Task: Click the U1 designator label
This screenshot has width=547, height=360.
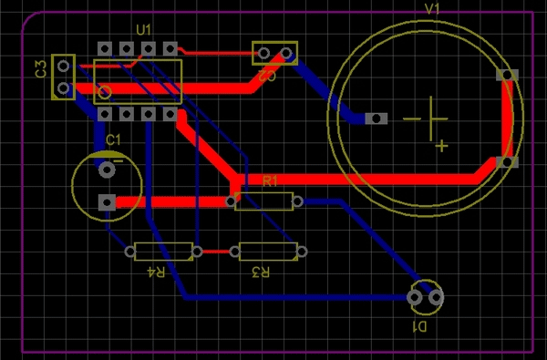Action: pyautogui.click(x=143, y=30)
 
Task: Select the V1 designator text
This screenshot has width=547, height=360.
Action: pyautogui.click(x=432, y=8)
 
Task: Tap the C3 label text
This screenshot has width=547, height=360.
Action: pyautogui.click(x=41, y=69)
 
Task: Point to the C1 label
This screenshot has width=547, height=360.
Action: pyautogui.click(x=113, y=139)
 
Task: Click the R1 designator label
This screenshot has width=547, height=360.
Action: pyautogui.click(x=270, y=181)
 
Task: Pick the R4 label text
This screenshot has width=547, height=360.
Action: pyautogui.click(x=158, y=272)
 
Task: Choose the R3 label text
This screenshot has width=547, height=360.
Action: pyautogui.click(x=261, y=272)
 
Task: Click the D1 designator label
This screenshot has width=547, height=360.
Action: pyautogui.click(x=421, y=324)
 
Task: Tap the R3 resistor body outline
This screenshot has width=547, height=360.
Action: pyautogui.click(x=266, y=251)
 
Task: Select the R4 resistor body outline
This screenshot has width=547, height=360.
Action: pyautogui.click(x=163, y=251)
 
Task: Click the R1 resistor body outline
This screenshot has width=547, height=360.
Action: pyautogui.click(x=264, y=201)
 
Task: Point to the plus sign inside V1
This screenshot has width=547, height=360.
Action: pyautogui.click(x=441, y=144)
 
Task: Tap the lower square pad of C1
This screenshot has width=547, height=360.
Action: pyautogui.click(x=108, y=201)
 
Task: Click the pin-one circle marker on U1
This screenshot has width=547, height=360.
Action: pyautogui.click(x=105, y=92)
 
